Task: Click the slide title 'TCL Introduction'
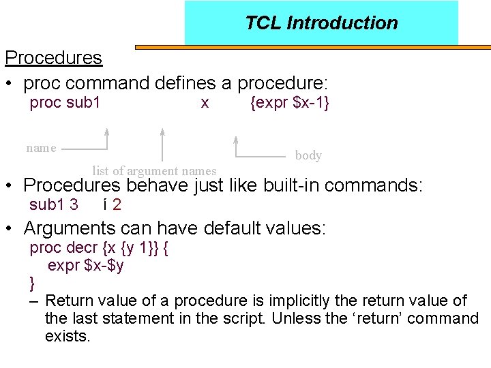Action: (x=321, y=23)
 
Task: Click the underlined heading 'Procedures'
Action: (x=53, y=58)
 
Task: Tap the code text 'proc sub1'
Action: (x=65, y=103)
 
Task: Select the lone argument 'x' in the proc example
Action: (x=205, y=103)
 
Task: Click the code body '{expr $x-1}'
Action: (x=291, y=103)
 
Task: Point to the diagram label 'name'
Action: (x=41, y=148)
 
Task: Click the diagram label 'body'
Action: (x=308, y=155)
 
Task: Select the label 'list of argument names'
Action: (x=154, y=171)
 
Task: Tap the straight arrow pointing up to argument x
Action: (x=162, y=144)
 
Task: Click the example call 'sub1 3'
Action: (x=54, y=204)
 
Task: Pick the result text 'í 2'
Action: (x=113, y=204)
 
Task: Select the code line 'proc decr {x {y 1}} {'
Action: (x=100, y=247)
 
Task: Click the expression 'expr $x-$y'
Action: (x=86, y=265)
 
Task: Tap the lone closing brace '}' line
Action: (x=32, y=282)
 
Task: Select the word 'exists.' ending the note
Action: (x=68, y=336)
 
